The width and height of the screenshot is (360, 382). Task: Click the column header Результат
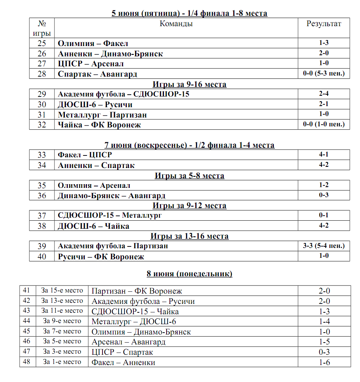click(324, 24)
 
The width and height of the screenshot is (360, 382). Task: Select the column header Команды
click(176, 24)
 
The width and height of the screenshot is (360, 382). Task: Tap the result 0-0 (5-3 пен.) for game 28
click(324, 74)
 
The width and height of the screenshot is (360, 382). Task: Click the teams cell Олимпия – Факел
click(93, 43)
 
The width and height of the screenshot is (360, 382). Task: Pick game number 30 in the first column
click(42, 105)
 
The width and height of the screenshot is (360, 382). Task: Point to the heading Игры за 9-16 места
click(189, 84)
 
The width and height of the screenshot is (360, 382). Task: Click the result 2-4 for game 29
click(324, 94)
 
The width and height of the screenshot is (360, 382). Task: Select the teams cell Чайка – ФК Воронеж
click(99, 125)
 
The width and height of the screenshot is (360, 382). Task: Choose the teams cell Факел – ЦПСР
click(85, 155)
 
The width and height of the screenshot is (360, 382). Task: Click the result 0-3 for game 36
click(324, 195)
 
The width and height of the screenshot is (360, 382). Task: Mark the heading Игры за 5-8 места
click(189, 176)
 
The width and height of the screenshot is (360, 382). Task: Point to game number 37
click(42, 215)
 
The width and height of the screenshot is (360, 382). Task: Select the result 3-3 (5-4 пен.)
click(324, 246)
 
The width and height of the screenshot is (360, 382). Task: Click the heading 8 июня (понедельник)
click(189, 274)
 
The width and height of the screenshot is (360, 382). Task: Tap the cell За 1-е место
click(62, 362)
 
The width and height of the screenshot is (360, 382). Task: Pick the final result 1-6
click(324, 362)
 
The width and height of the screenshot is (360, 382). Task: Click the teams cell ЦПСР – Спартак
click(122, 352)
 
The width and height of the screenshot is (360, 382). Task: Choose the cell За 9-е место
click(62, 321)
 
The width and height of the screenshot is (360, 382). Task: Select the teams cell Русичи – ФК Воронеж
click(101, 256)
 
